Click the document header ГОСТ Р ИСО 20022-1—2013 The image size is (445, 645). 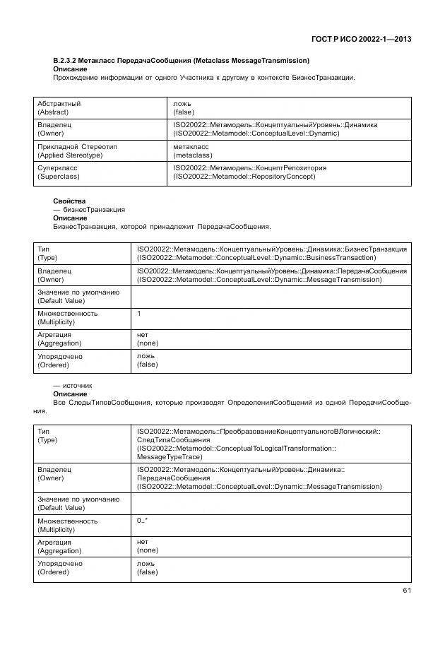[x=360, y=38]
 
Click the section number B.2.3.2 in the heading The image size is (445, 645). [x=68, y=61]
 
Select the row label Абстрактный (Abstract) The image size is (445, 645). [x=59, y=107]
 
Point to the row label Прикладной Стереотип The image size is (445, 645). [x=77, y=146]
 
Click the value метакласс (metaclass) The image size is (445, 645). [x=191, y=150]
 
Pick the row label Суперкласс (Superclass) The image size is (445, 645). [x=58, y=172]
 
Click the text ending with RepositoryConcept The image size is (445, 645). [x=244, y=177]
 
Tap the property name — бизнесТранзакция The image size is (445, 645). [x=89, y=210]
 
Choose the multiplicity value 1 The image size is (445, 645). [x=139, y=313]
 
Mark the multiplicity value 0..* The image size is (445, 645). [x=142, y=521]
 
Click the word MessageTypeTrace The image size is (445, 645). [x=170, y=456]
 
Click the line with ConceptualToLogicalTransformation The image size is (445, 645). [x=236, y=448]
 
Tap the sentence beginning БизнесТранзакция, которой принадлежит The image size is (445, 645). [x=162, y=227]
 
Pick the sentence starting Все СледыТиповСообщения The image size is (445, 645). [x=232, y=403]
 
